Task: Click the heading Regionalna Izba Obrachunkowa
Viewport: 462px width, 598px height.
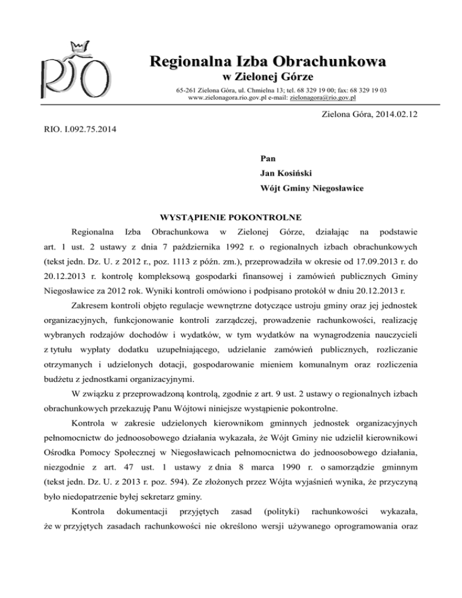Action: point(268,61)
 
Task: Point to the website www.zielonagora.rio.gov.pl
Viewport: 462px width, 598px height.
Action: point(228,96)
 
